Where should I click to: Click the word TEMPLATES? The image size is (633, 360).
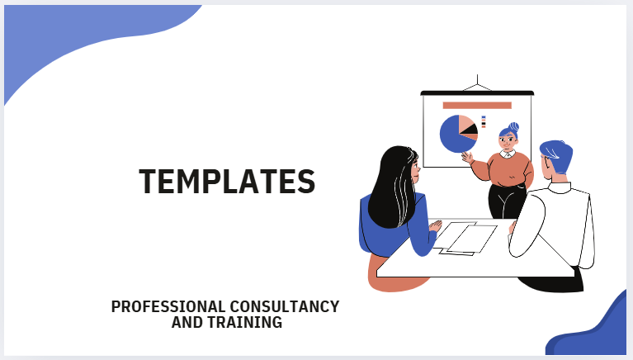(227, 181)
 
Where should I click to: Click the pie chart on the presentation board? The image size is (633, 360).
(456, 135)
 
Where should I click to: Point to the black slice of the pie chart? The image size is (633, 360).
(469, 130)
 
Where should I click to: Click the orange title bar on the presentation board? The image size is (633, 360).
(476, 105)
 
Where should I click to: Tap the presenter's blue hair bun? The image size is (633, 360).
(514, 126)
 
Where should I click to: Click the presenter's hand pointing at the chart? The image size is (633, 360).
(467, 156)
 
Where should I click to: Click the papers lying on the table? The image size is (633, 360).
(465, 238)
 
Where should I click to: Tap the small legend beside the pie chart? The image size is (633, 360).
(484, 121)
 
